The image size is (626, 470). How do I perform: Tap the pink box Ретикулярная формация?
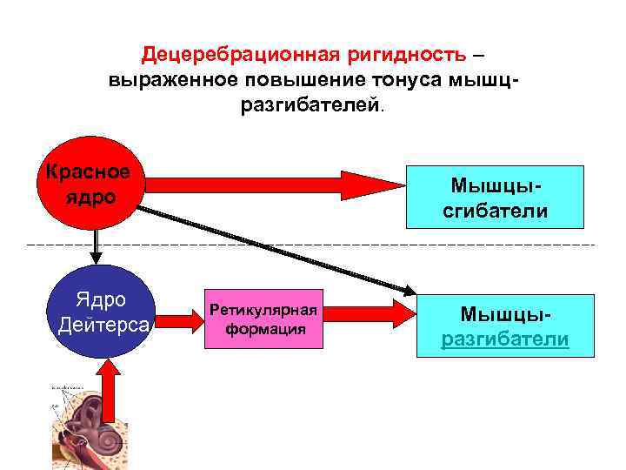(264, 319)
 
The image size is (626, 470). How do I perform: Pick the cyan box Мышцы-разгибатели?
(504, 326)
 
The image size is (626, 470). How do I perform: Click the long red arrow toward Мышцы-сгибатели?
(261, 183)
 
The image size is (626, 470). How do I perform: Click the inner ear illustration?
(83, 426)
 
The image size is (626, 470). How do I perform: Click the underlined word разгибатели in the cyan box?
(504, 339)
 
